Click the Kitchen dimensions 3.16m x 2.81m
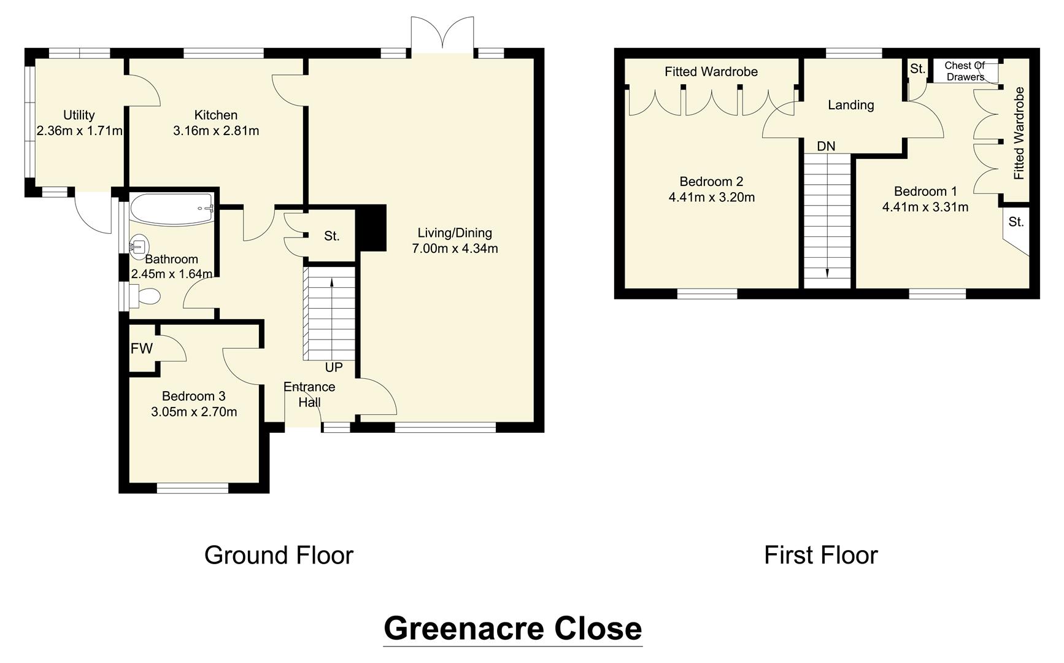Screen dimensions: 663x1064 pos(216,131)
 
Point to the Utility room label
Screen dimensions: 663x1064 pos(79,115)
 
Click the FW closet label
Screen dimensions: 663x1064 pos(141,349)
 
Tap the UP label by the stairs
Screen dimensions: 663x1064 pos(334,367)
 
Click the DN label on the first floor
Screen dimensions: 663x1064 pos(826,146)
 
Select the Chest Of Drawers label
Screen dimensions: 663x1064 pos(965,71)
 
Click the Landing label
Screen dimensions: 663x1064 pos(850,105)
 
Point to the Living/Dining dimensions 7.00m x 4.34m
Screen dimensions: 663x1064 pos(455,249)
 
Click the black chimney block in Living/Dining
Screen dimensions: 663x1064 pos(372,228)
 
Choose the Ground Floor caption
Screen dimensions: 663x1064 pos(279,555)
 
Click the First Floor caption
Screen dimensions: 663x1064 pos(820,555)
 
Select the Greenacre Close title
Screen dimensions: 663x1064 pos(512,629)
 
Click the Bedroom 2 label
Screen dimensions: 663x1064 pos(711,182)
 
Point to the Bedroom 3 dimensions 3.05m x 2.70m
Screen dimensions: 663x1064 pos(194,412)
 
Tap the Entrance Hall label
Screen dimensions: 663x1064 pos(309,395)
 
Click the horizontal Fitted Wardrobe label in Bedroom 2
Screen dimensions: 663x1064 pos(711,72)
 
